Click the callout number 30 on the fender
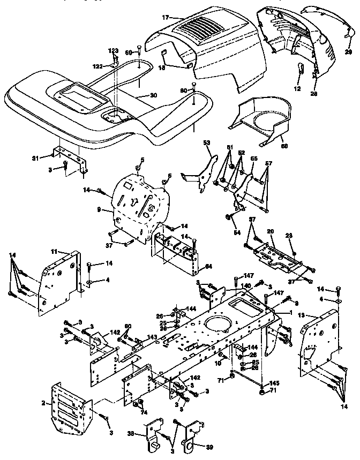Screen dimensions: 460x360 pyautogui.click(x=153, y=95)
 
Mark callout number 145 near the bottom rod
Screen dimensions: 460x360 pyautogui.click(x=275, y=383)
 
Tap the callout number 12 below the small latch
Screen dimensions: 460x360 pyautogui.click(x=298, y=87)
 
